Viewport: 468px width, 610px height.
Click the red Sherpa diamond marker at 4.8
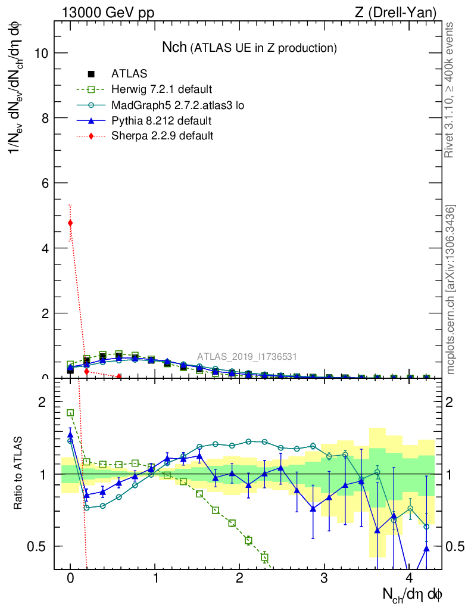pyautogui.click(x=70, y=223)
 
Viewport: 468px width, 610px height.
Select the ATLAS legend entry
pyautogui.click(x=129, y=74)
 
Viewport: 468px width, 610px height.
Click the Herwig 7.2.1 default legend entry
pyautogui.click(x=161, y=90)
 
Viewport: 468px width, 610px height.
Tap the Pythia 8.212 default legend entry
pyautogui.click(x=161, y=121)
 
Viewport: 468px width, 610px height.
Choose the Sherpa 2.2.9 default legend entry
pyautogui.click(x=163, y=136)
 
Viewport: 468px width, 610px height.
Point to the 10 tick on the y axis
pyautogui.click(x=41, y=53)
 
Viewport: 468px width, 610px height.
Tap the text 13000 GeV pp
pyautogui.click(x=108, y=13)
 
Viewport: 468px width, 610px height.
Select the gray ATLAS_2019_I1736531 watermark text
pyautogui.click(x=247, y=357)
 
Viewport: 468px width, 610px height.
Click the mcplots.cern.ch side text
pyautogui.click(x=451, y=290)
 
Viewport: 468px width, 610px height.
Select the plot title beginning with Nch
pyautogui.click(x=249, y=48)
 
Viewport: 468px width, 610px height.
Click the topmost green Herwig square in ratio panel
pyautogui.click(x=70, y=413)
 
